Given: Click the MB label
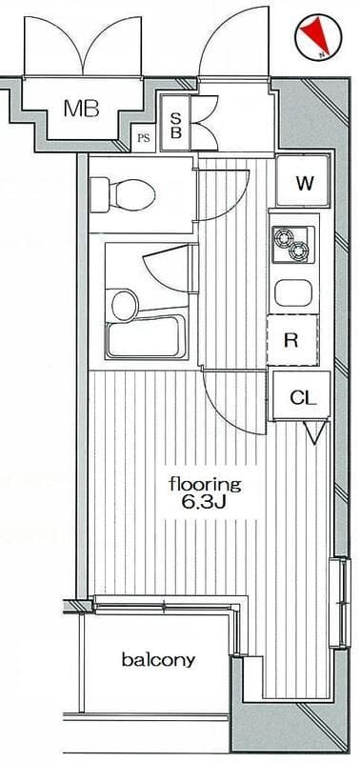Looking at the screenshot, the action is (x=82, y=109).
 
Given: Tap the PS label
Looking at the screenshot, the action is (x=143, y=138).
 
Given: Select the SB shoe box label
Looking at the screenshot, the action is (x=176, y=125).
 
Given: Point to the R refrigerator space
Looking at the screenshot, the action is (x=292, y=340).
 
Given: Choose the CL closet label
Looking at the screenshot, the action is (x=303, y=398).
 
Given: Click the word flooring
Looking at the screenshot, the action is (x=205, y=486).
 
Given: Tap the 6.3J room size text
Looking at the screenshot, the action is (x=204, y=502).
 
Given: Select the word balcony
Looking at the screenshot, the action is (x=158, y=659).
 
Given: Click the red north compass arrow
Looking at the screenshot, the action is (x=314, y=34).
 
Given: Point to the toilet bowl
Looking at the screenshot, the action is (x=131, y=195).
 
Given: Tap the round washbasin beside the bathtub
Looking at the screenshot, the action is (x=125, y=305).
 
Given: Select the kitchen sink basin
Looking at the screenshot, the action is (x=293, y=294).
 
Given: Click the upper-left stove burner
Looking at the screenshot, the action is (x=283, y=237).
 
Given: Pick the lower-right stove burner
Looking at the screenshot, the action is (x=298, y=251).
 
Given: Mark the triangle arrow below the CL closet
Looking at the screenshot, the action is (x=315, y=432).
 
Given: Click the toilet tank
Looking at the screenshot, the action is (x=99, y=195).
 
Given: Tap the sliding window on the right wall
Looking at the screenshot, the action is (x=340, y=602).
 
